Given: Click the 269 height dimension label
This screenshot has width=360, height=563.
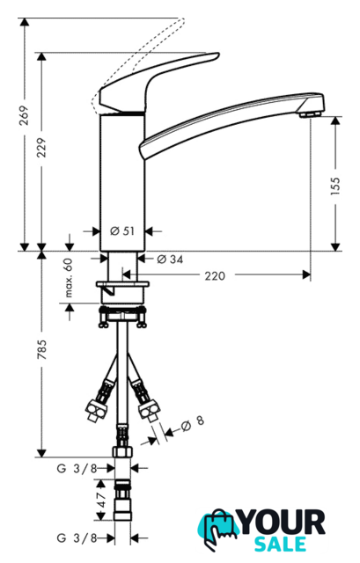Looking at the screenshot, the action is [24, 115].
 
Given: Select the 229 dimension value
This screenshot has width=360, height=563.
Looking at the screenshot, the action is [42, 148].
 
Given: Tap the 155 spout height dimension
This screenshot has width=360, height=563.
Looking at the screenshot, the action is [334, 186].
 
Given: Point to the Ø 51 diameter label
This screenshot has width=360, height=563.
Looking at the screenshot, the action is [122, 230].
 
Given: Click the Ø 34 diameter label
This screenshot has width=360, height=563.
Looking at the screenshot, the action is [170, 259].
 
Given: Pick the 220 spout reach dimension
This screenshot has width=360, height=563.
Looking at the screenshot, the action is [215, 276].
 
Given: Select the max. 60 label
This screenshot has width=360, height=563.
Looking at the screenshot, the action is [69, 278].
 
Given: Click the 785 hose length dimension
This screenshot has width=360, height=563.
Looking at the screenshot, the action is [42, 349].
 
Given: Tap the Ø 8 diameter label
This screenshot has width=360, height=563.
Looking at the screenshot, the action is [193, 423].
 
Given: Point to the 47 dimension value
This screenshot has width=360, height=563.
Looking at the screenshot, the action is [101, 500].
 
